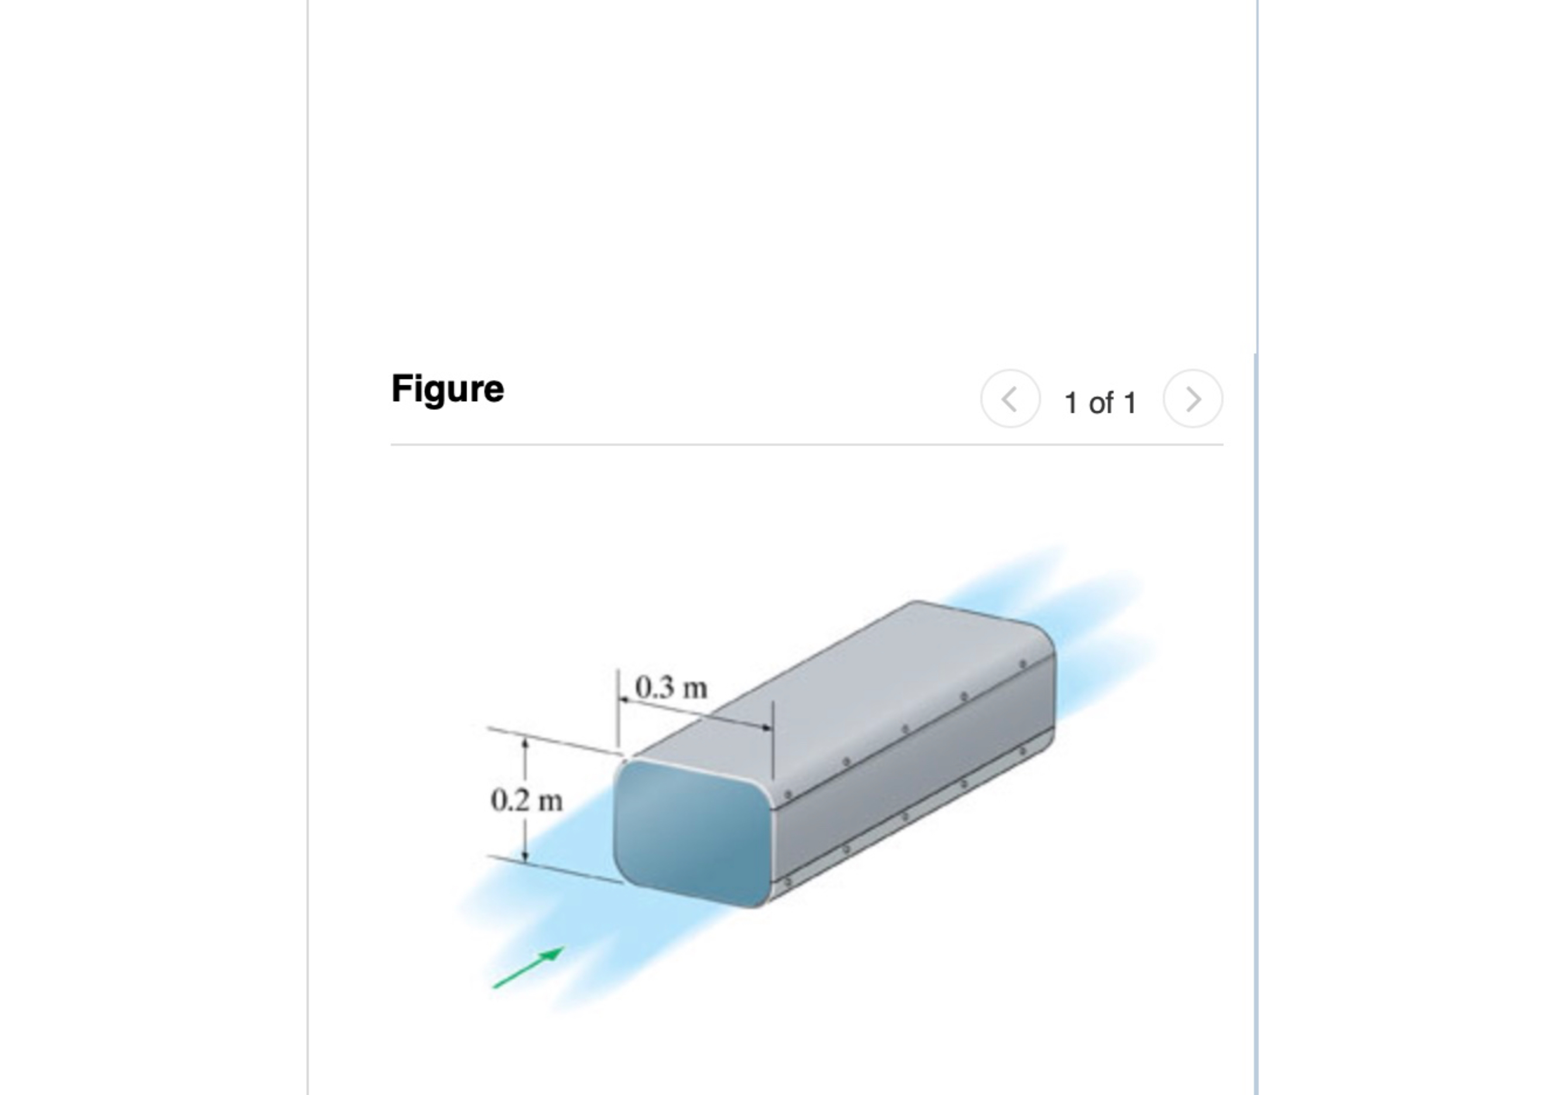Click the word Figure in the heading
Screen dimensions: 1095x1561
[447, 389]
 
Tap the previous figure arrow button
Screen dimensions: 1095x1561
[1009, 399]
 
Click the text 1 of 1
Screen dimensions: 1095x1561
[1100, 402]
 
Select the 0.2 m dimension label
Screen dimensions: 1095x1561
[526, 800]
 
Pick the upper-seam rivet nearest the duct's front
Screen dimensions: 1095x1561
[788, 794]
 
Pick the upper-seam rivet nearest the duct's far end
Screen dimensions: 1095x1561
[1022, 664]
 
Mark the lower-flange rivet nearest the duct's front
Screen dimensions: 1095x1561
[787, 882]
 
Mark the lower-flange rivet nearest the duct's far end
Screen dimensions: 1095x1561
[1022, 751]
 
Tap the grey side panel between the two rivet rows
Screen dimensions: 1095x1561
[911, 775]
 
